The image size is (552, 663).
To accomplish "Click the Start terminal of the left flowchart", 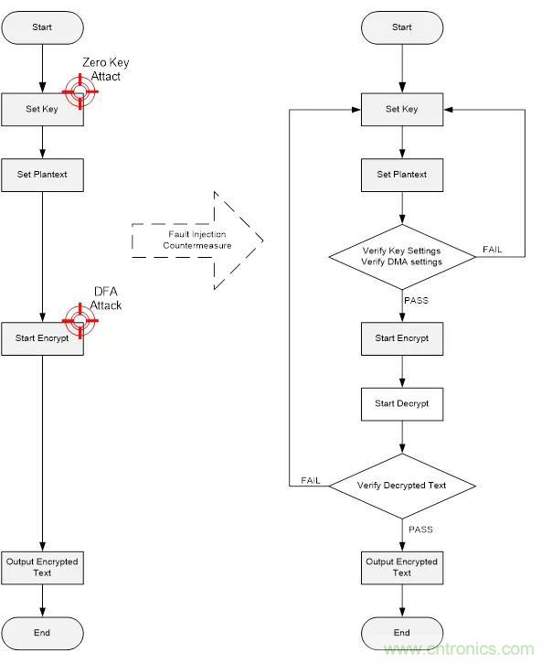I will [x=42, y=27].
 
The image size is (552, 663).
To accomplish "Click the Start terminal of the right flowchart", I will [x=402, y=27].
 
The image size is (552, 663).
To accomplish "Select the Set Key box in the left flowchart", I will [x=42, y=109].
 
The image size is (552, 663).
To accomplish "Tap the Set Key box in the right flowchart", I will [x=402, y=109].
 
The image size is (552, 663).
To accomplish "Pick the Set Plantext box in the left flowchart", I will [x=42, y=174].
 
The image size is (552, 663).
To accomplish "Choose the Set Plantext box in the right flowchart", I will [x=402, y=174].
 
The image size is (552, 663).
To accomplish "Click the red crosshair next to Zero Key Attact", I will [x=80, y=92].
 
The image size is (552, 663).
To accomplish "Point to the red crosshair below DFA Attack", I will [x=80, y=320].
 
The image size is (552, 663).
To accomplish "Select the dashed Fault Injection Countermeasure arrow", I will [x=196, y=241].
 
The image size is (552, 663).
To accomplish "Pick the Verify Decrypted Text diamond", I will [x=402, y=486].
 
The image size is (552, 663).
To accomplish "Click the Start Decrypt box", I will [x=402, y=402].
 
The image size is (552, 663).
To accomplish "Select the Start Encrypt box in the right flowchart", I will [x=402, y=338].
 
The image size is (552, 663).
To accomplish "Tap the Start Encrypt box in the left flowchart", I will [x=42, y=338].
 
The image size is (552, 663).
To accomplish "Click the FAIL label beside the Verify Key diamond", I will [x=492, y=250].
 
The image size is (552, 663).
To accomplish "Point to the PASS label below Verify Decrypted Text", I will [x=420, y=529].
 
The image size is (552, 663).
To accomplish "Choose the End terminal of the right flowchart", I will [x=402, y=632].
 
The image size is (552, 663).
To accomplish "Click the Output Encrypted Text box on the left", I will [x=42, y=567].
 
